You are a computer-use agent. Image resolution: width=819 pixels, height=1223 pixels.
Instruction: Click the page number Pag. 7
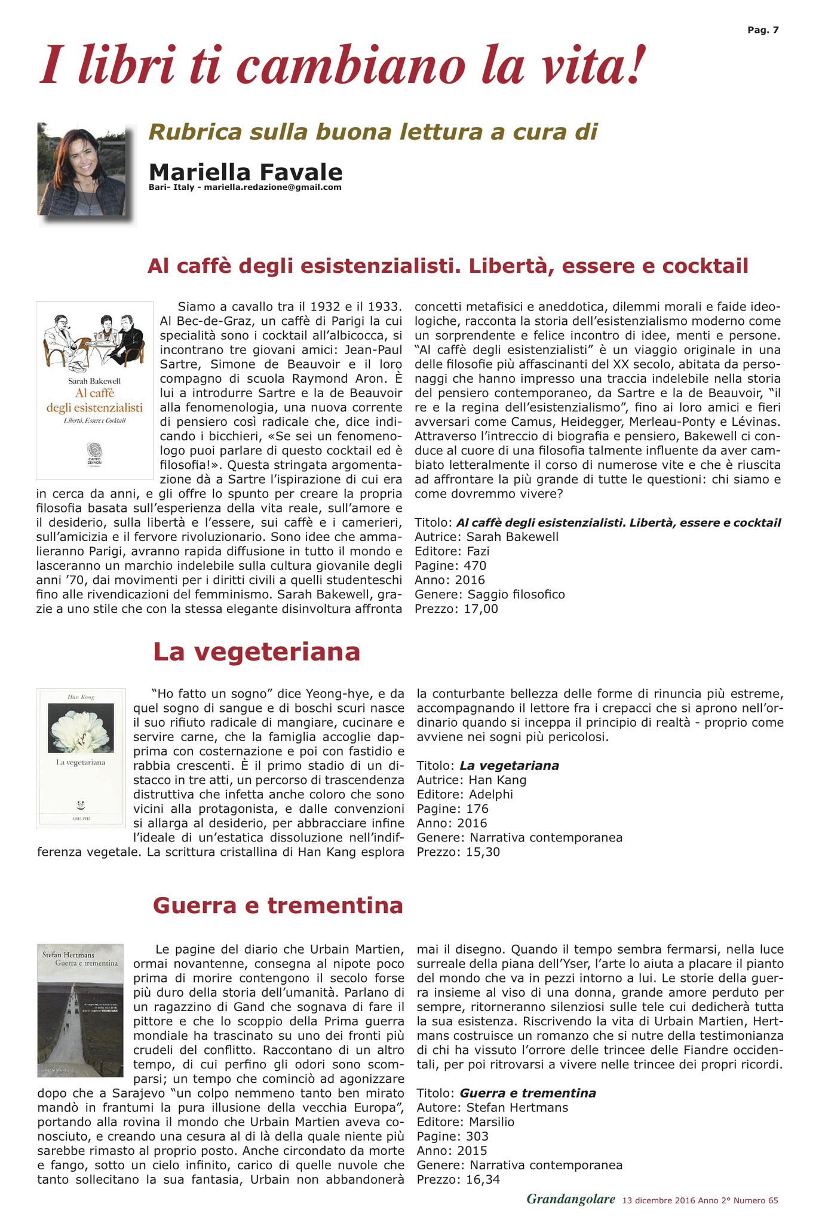pos(763,30)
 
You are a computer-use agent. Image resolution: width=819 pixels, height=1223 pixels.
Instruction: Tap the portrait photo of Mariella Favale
pos(82,170)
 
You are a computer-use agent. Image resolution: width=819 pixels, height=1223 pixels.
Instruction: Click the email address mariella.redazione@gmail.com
pos(272,187)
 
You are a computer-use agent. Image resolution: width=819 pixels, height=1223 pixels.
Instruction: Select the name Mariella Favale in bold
pos(246,172)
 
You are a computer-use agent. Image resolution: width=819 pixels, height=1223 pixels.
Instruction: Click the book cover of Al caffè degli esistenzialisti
pos(94,390)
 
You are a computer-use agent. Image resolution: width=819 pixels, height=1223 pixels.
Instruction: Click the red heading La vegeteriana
pos(257,652)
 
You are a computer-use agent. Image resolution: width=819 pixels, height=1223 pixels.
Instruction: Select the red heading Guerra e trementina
pos(278,905)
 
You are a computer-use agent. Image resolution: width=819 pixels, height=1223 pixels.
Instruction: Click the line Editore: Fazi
pos(452,551)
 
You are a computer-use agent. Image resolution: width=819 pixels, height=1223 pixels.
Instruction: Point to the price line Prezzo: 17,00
pos(456,609)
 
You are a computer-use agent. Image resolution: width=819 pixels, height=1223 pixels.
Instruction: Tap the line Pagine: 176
pos(452,809)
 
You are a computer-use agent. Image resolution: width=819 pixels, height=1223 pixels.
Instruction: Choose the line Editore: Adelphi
pos(465,794)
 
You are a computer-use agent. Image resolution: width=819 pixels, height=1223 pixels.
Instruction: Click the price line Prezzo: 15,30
pos(458,852)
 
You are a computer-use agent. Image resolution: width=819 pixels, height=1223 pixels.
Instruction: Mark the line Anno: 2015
pos(452,1150)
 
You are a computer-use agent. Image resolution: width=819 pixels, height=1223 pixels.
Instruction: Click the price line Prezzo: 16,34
pos(458,1179)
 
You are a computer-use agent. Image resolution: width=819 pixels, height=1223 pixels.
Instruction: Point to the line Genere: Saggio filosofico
pos(489,594)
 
